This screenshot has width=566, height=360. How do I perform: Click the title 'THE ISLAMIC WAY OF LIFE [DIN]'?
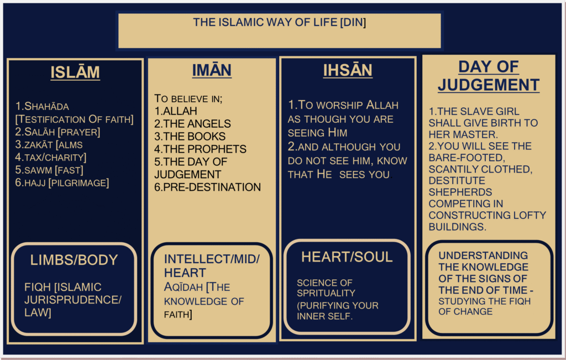[279, 23]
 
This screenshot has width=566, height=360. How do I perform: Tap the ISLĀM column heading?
[75, 72]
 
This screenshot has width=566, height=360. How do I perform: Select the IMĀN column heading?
[212, 70]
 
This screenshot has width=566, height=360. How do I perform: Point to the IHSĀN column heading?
[348, 70]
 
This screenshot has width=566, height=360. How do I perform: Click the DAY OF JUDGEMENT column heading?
[489, 76]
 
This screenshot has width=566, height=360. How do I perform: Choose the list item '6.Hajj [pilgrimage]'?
[62, 183]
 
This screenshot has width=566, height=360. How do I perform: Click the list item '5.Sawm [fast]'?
[49, 170]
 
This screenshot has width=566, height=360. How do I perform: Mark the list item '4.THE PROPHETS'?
[200, 149]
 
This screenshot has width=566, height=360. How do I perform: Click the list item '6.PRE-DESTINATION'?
[207, 187]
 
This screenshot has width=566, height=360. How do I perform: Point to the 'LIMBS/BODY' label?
[74, 260]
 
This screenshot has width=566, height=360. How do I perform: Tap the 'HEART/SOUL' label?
[347, 257]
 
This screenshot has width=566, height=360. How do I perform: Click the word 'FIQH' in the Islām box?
[38, 288]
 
